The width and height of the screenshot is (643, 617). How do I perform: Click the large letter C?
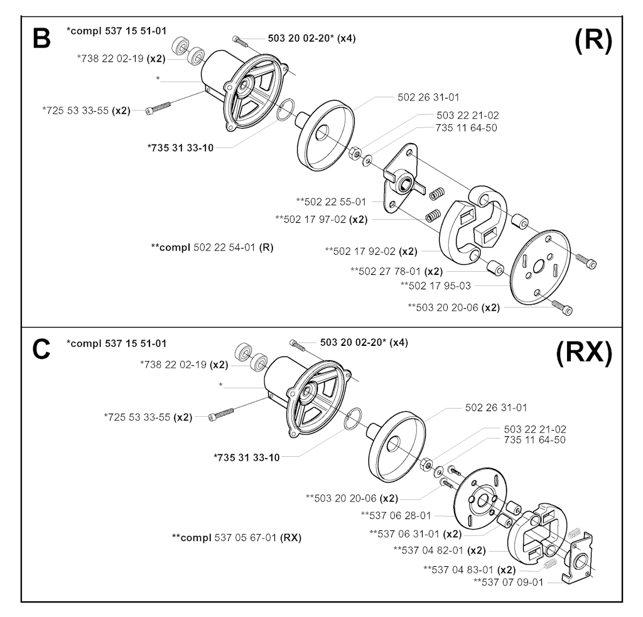(x=41, y=349)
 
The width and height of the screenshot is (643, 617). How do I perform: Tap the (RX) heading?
(x=583, y=355)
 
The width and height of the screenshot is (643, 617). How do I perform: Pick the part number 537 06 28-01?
(x=396, y=515)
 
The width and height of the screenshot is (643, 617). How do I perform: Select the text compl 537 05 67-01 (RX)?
(x=236, y=537)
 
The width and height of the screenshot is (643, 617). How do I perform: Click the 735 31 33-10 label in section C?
(x=247, y=457)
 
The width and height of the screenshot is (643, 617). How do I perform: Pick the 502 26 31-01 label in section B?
(x=428, y=97)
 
